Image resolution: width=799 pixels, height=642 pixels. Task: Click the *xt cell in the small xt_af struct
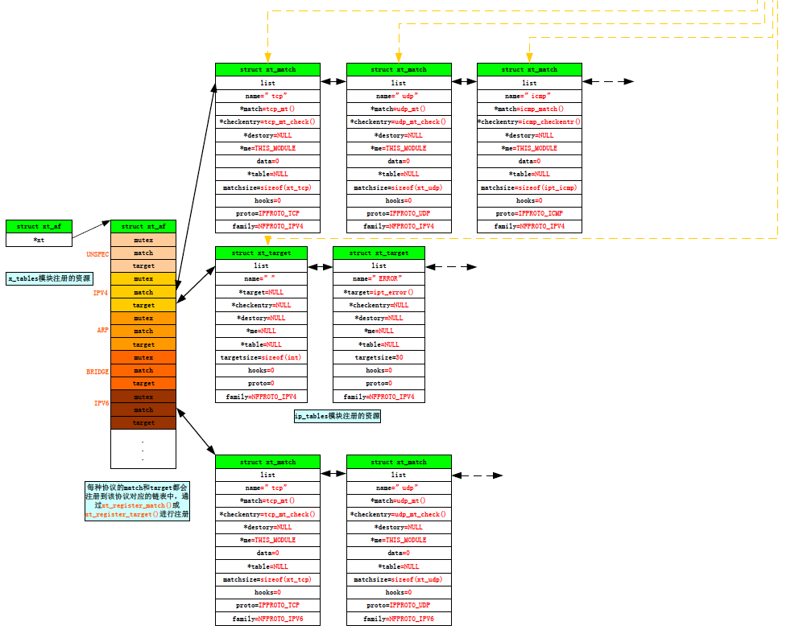pos(39,240)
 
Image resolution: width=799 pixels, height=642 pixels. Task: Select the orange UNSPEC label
pos(97,253)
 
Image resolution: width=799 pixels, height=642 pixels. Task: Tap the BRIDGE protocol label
pos(97,372)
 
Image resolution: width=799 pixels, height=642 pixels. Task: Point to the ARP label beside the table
pos(102,330)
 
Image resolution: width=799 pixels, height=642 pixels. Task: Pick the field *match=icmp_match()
pos(529,109)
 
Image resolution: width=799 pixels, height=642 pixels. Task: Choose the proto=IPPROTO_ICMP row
pos(529,213)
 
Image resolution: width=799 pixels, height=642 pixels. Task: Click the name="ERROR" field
pos(379,278)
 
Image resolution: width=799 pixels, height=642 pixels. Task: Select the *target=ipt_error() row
pos(379,292)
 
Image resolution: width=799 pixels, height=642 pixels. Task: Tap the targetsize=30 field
pos(379,357)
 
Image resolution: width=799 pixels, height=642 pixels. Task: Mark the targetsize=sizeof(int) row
pos(261,357)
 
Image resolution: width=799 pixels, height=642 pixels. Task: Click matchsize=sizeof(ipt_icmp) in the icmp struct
pos(529,187)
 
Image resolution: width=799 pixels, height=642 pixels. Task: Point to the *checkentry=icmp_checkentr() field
pos(529,121)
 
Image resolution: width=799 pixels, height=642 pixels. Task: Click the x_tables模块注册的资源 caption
pos(50,278)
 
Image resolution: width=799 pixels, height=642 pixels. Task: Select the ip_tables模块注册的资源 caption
pos(337,416)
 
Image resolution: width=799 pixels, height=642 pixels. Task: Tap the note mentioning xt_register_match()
pos(137,500)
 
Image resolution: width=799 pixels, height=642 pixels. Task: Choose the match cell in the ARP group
pos(143,331)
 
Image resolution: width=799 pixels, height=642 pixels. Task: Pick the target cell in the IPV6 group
pos(143,422)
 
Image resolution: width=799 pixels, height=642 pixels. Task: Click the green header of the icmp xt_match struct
pos(529,69)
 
